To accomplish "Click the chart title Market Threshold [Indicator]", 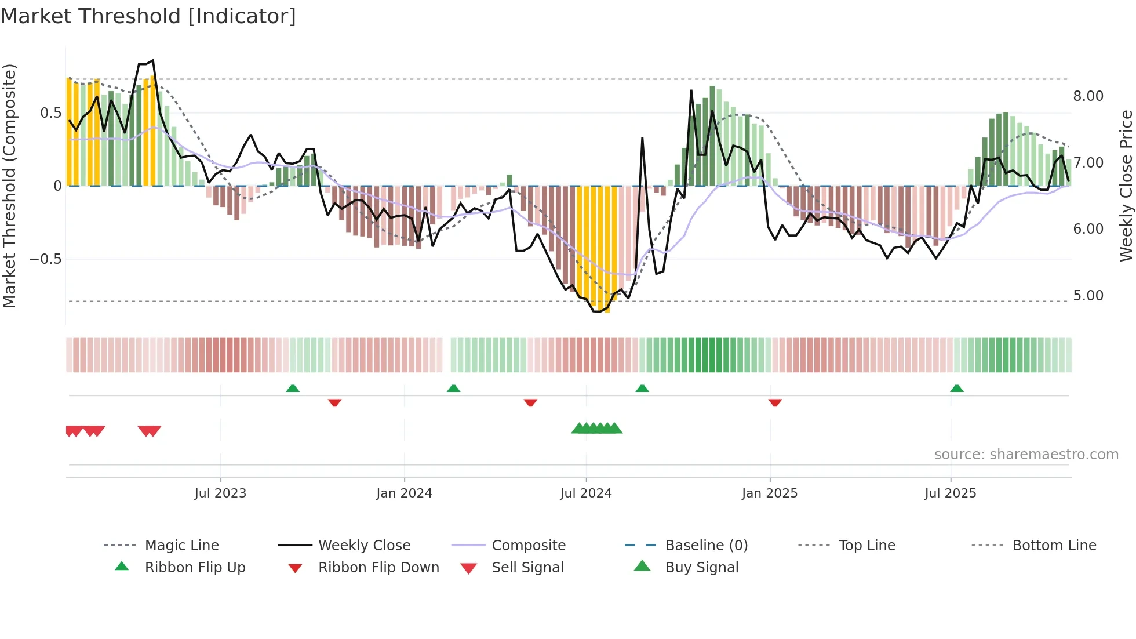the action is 148,16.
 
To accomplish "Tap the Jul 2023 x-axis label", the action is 220,493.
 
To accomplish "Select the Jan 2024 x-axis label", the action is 404,493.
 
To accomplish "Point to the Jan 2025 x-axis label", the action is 770,493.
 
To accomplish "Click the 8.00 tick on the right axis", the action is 1088,96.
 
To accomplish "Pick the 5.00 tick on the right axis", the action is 1088,296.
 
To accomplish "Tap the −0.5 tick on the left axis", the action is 45,259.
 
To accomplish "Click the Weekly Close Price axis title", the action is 1126,186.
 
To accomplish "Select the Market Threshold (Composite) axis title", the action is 9,186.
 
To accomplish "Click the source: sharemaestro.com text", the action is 1026,455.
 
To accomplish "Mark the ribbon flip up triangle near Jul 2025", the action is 957,389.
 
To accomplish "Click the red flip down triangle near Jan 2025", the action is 775,402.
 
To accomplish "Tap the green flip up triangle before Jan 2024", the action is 293,389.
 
